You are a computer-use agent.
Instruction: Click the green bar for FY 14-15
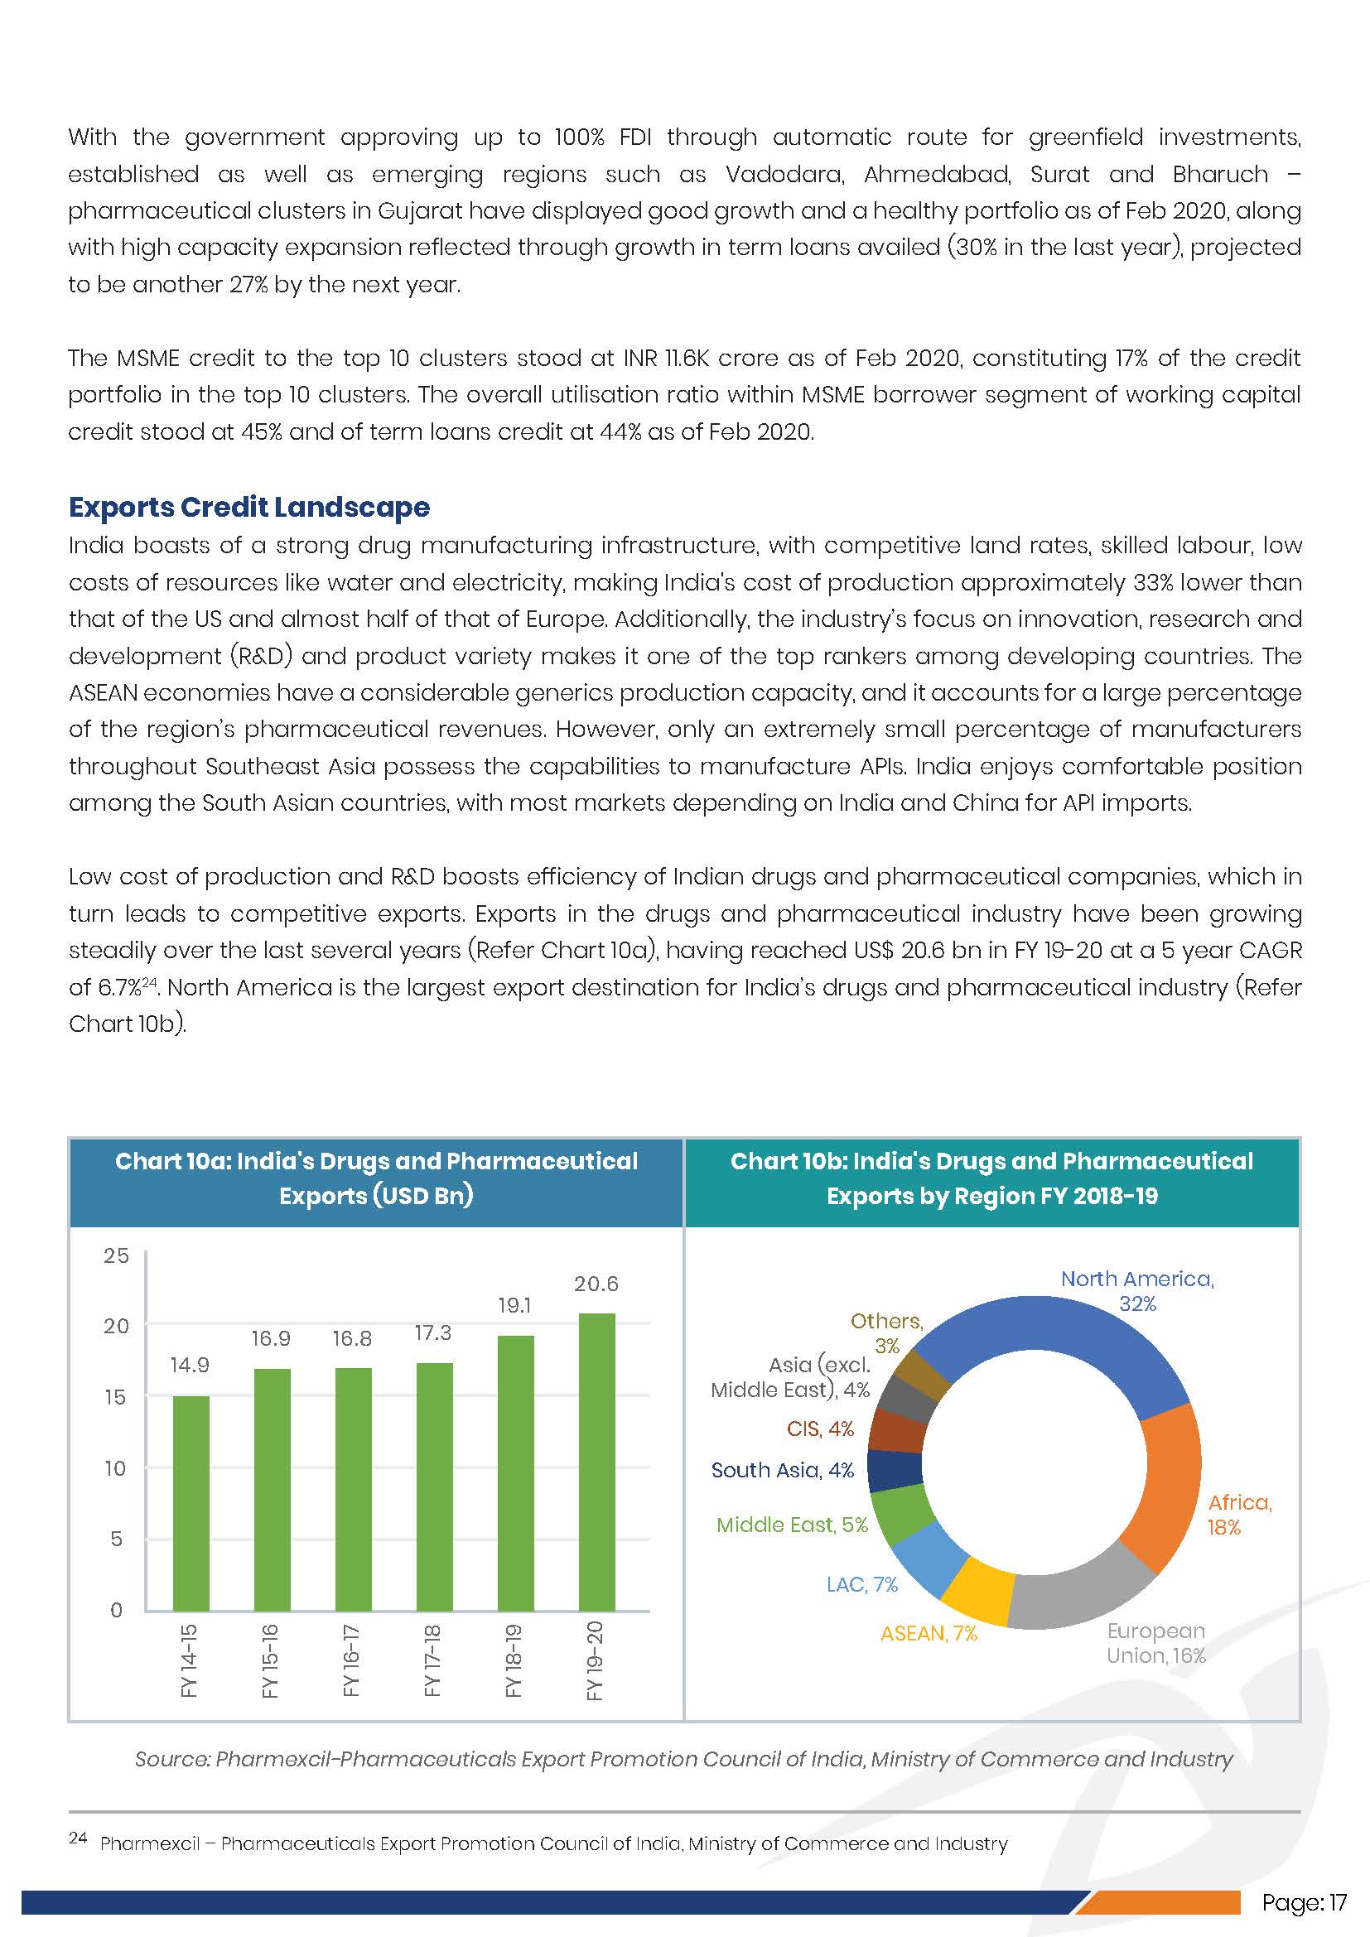(x=191, y=1502)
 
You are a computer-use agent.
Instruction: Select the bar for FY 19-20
(x=596, y=1462)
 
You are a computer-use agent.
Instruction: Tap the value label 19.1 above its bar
(x=514, y=1305)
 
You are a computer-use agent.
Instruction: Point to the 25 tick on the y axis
(x=117, y=1255)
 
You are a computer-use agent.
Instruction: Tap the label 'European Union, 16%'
(x=1155, y=1643)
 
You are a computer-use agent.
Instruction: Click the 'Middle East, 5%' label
(x=791, y=1525)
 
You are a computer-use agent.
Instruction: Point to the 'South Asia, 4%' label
(x=782, y=1470)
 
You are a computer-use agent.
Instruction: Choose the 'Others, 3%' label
(x=885, y=1333)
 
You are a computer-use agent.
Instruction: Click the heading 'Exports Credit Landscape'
(x=248, y=507)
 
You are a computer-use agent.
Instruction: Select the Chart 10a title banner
(x=376, y=1178)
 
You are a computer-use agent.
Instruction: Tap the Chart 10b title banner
(x=991, y=1178)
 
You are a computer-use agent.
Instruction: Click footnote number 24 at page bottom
(x=78, y=1838)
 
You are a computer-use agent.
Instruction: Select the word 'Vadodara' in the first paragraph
(x=784, y=175)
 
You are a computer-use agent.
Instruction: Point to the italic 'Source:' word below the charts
(x=172, y=1759)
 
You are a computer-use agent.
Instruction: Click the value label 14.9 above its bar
(x=190, y=1365)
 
